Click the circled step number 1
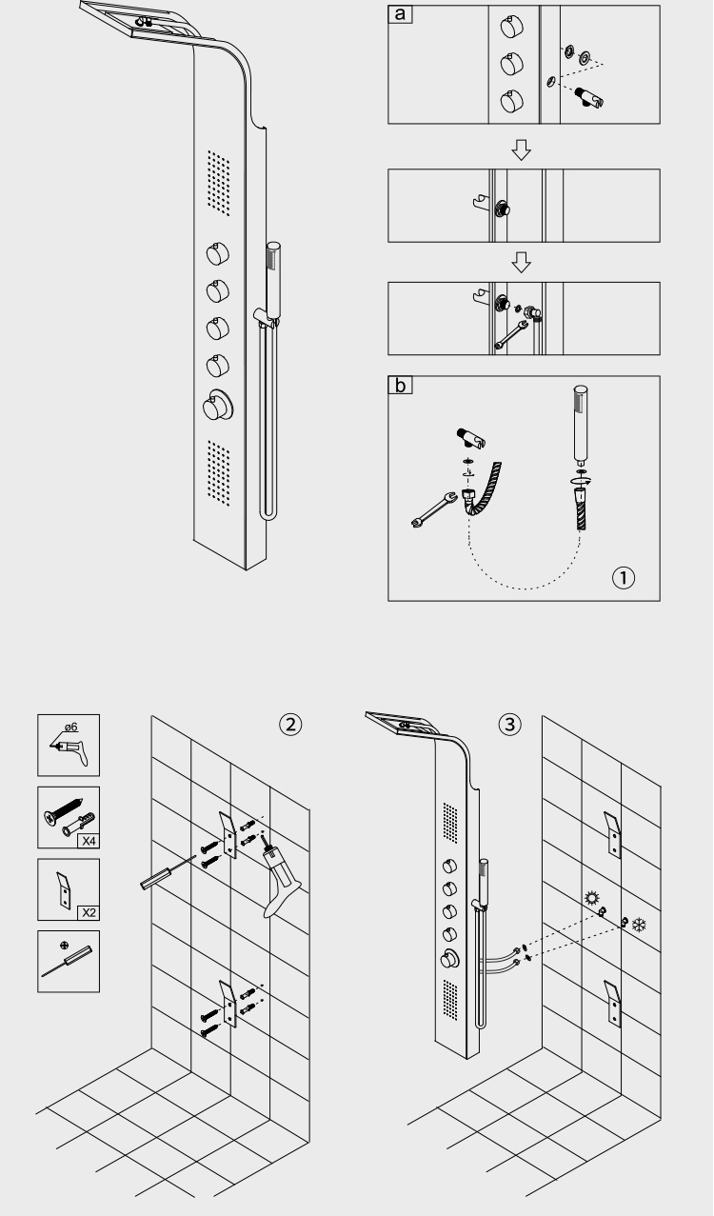click(625, 578)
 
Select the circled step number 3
click(510, 724)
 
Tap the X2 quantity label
click(87, 910)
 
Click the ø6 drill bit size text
click(69, 728)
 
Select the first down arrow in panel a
click(521, 150)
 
